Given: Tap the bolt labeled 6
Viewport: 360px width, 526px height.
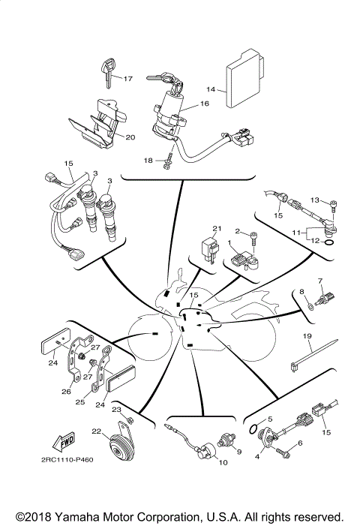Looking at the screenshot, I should tap(283, 452).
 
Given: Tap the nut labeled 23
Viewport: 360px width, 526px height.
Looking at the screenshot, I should tap(130, 417).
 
